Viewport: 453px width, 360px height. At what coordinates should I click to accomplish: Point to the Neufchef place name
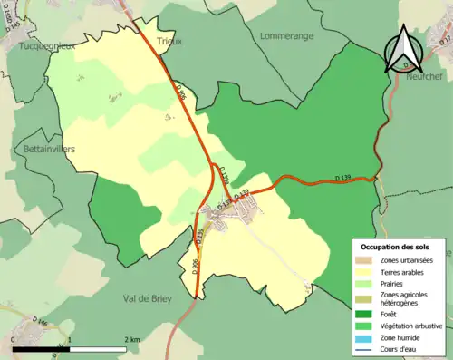click(424, 78)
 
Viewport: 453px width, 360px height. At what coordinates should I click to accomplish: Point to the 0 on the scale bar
click(14, 339)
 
